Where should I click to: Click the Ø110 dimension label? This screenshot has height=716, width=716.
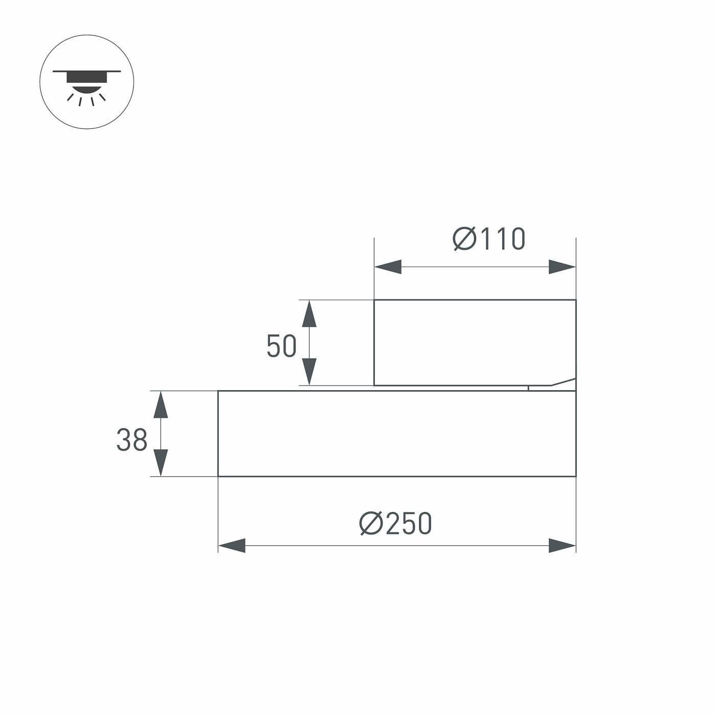(x=489, y=239)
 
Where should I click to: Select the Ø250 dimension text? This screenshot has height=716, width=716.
(x=396, y=524)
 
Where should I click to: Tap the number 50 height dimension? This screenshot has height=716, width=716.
(x=281, y=346)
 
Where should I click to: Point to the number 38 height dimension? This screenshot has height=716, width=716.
(x=131, y=440)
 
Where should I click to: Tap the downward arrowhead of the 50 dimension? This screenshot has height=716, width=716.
(x=309, y=372)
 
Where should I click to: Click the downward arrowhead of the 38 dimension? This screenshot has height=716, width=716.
(x=161, y=463)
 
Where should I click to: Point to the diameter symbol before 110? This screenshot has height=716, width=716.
(x=464, y=239)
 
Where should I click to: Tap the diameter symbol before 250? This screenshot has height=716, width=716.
(x=371, y=524)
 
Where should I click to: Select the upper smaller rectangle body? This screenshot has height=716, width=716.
(x=475, y=342)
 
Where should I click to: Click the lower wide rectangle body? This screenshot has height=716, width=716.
(x=397, y=434)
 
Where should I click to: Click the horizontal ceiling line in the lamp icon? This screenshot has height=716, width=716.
(x=87, y=71)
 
